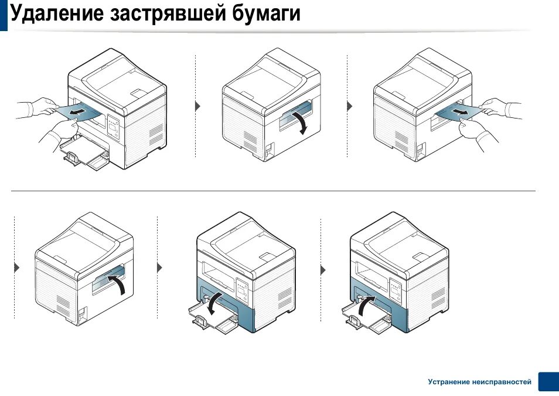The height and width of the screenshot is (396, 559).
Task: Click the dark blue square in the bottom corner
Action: pyautogui.click(x=548, y=381)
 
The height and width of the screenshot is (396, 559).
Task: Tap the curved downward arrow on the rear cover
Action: pyautogui.click(x=301, y=123)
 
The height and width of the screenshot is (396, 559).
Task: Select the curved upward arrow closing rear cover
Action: pyautogui.click(x=119, y=286)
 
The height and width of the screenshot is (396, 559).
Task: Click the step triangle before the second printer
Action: pyautogui.click(x=197, y=106)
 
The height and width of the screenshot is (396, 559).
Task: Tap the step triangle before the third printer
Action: pyautogui.click(x=350, y=106)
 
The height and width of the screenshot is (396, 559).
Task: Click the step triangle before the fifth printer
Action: pyautogui.click(x=160, y=267)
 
